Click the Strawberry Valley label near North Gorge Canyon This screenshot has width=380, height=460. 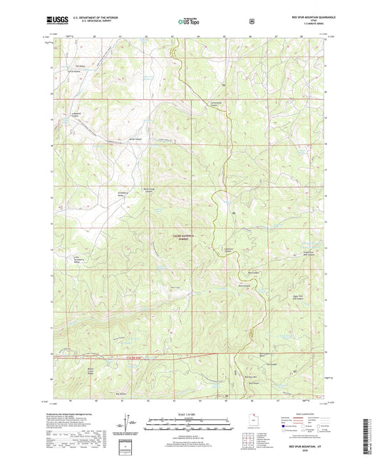tap(120, 194)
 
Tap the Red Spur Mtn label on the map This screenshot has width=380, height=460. tap(250, 376)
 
